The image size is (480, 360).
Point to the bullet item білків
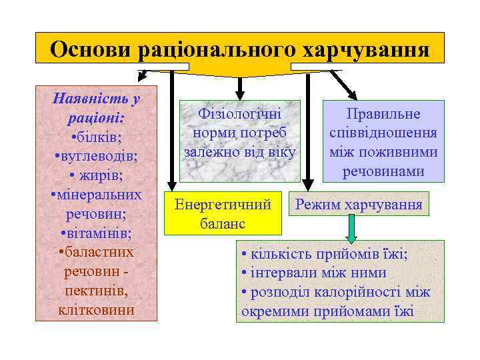(99, 138)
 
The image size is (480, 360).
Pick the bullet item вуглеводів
(97, 157)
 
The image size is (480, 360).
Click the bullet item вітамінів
(97, 234)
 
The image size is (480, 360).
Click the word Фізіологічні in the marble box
(239, 113)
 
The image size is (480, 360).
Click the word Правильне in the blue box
(383, 113)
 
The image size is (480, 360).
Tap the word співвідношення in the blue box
(383, 133)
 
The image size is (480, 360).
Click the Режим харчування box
(359, 205)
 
